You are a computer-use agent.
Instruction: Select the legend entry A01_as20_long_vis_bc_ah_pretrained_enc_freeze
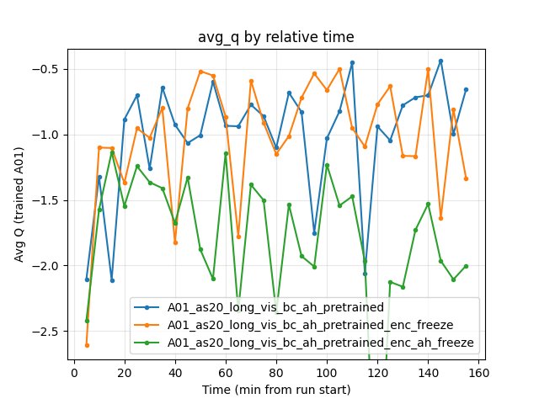(302, 324)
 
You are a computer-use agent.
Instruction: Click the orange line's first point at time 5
(87, 345)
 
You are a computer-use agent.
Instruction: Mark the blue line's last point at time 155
(466, 89)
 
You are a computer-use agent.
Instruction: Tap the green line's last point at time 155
(466, 266)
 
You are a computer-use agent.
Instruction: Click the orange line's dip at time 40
(175, 242)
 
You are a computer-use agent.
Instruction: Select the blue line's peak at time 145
(440, 61)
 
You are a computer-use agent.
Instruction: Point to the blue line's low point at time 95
(314, 233)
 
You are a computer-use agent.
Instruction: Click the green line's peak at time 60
(226, 153)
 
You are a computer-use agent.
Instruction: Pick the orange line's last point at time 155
(466, 178)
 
